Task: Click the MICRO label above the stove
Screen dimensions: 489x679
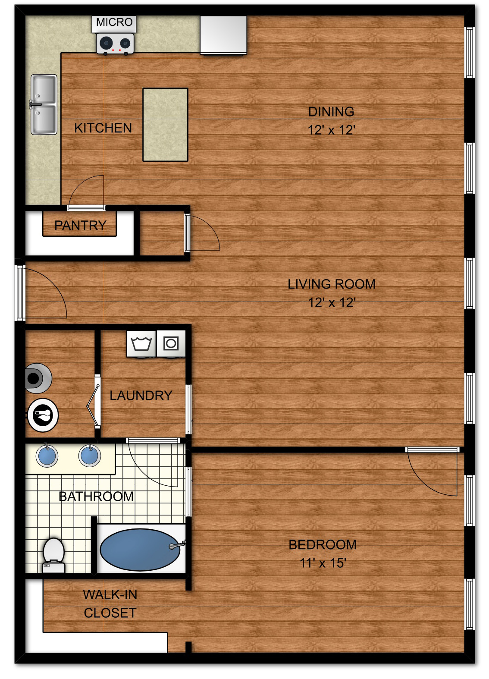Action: pyautogui.click(x=114, y=22)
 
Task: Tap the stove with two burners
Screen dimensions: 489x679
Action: pyautogui.click(x=115, y=44)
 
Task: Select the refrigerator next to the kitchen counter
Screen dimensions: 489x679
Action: pyautogui.click(x=223, y=36)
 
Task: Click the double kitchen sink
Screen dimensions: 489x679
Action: pyautogui.click(x=44, y=104)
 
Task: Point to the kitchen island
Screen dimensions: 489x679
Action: pyautogui.click(x=166, y=125)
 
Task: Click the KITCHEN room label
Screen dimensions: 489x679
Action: pyautogui.click(x=103, y=128)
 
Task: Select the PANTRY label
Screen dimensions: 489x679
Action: pyautogui.click(x=80, y=225)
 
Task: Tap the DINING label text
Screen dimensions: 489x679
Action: pyautogui.click(x=331, y=112)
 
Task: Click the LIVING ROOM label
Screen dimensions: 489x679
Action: pyautogui.click(x=332, y=284)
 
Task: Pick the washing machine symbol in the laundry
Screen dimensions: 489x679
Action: pyautogui.click(x=141, y=344)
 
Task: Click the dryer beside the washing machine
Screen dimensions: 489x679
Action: pyautogui.click(x=171, y=344)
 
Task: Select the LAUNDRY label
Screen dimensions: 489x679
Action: pyautogui.click(x=141, y=395)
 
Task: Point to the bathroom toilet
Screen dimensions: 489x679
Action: pyautogui.click(x=53, y=555)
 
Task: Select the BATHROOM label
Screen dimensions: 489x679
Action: pyautogui.click(x=96, y=497)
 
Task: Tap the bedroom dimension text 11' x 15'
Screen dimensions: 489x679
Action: pyautogui.click(x=323, y=563)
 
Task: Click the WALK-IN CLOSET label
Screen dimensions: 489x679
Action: pyautogui.click(x=110, y=604)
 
